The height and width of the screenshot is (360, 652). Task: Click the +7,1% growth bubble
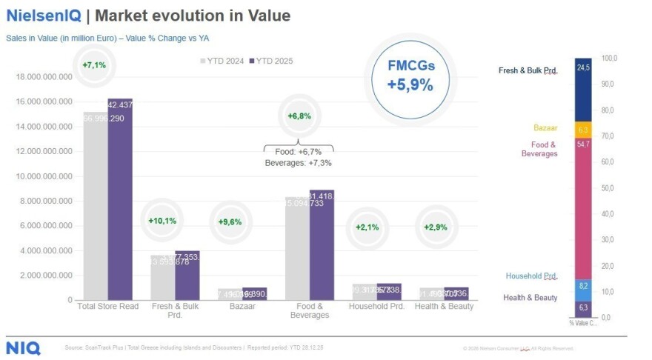[x=95, y=65]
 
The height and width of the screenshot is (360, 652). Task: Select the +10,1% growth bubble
[x=163, y=221]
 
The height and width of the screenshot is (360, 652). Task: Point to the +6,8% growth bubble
[x=299, y=116]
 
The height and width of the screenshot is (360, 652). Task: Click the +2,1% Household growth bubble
[x=367, y=227]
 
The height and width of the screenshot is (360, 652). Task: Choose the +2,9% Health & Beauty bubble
[x=435, y=227]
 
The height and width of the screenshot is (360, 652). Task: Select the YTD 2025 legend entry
[x=271, y=61]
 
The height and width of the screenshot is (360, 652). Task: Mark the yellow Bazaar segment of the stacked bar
[x=583, y=129]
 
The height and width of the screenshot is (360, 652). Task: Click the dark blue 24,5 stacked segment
[x=583, y=89]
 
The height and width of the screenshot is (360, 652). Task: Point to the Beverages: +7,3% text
[x=298, y=162]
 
